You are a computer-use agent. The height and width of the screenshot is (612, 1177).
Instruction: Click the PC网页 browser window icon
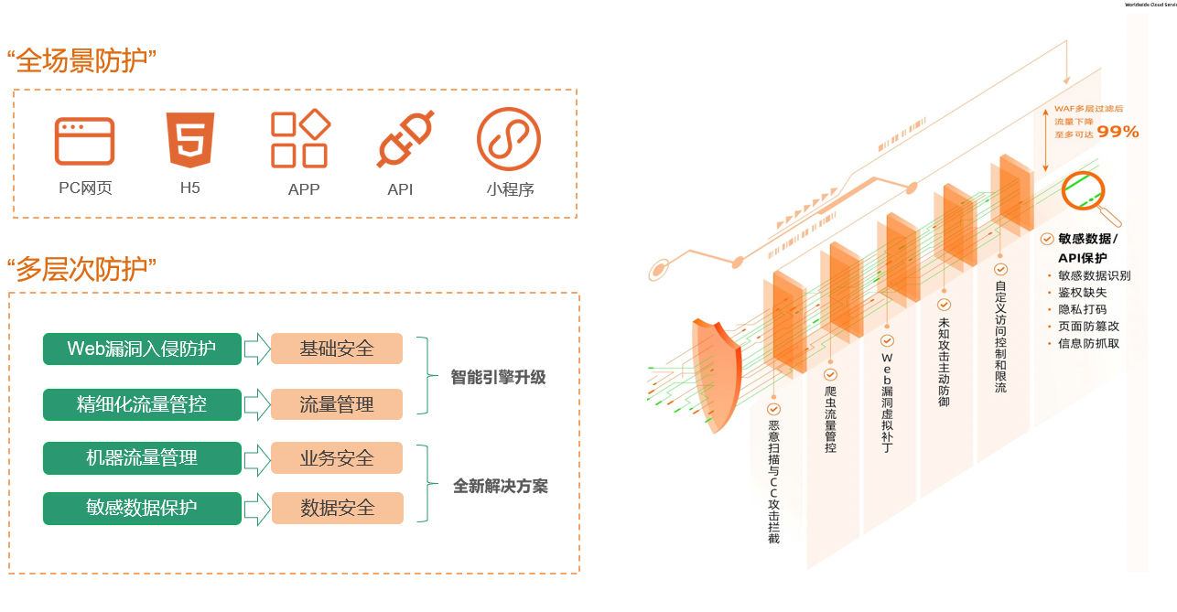pyautogui.click(x=85, y=141)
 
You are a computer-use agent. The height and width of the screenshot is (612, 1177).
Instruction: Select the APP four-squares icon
pyautogui.click(x=300, y=139)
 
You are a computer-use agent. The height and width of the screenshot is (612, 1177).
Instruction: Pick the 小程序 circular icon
pyautogui.click(x=509, y=139)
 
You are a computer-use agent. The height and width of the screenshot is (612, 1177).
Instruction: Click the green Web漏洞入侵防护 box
pyautogui.click(x=142, y=349)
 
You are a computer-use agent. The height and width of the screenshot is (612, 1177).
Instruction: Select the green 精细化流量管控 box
pyautogui.click(x=142, y=404)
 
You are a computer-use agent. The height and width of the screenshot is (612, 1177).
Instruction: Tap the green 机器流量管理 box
pyautogui.click(x=142, y=458)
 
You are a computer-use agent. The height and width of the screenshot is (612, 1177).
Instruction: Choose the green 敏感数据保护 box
pyautogui.click(x=142, y=508)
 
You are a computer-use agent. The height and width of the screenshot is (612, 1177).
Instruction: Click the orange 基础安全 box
pyautogui.click(x=337, y=349)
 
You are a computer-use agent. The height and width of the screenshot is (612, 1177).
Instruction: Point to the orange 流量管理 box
pyautogui.click(x=337, y=404)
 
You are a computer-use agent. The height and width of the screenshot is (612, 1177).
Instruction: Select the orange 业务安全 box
pyautogui.click(x=337, y=458)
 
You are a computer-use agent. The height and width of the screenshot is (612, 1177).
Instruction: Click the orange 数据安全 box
pyautogui.click(x=337, y=508)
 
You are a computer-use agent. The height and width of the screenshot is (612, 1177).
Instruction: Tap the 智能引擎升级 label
pyautogui.click(x=498, y=377)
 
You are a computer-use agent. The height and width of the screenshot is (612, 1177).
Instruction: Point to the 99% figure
pyautogui.click(x=1118, y=132)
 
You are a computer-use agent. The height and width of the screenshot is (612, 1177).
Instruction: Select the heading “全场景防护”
pyautogui.click(x=81, y=61)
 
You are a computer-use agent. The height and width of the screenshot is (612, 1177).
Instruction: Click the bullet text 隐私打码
pyautogui.click(x=1082, y=309)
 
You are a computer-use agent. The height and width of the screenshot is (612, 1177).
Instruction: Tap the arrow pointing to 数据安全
pyautogui.click(x=257, y=509)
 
